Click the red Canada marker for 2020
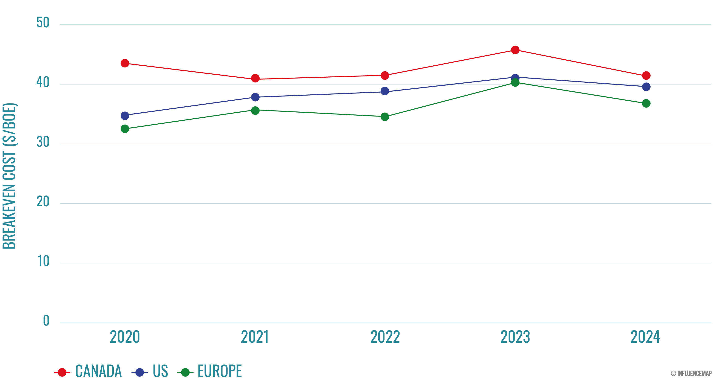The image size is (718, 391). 125,63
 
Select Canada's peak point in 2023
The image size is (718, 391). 515,50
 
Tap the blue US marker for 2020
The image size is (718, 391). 125,115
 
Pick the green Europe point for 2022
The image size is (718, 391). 385,117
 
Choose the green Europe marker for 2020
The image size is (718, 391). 125,129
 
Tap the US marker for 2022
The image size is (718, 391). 385,91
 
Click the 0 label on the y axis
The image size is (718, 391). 46,321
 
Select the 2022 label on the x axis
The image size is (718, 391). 385,337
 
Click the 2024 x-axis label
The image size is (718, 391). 645,337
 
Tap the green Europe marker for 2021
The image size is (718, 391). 255,111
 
